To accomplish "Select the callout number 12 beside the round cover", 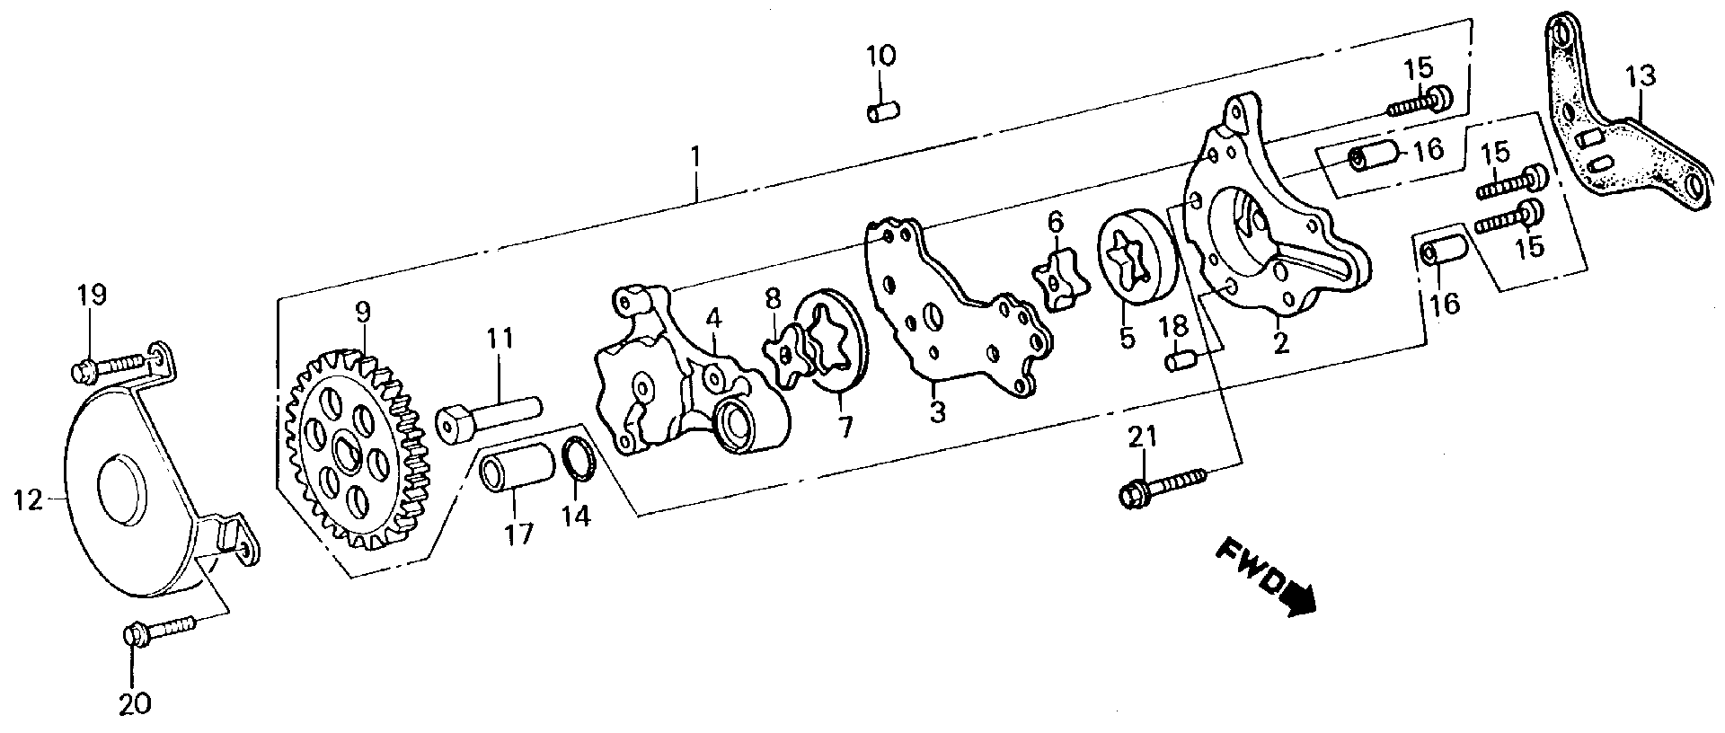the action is pos(28,500).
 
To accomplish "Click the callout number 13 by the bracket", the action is pos(1641,76).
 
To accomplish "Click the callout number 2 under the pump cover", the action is pos(1280,342).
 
